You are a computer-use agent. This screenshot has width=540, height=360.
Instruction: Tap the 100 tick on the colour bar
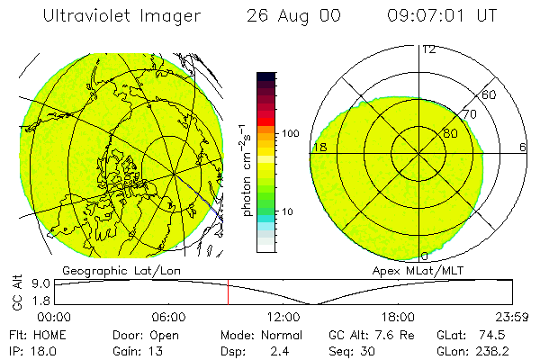tap(291, 132)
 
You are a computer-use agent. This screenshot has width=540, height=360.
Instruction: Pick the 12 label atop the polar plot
tap(428, 49)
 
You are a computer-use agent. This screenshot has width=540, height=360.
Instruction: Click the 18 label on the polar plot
tap(319, 147)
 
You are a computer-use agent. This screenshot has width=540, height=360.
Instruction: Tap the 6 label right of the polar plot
tap(523, 147)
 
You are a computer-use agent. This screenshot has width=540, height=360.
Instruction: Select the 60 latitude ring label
tap(489, 94)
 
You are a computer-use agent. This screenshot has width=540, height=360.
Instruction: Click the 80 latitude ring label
tap(450, 133)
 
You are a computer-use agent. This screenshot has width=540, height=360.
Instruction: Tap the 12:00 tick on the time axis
tap(283, 317)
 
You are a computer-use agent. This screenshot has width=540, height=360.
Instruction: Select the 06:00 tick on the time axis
tap(169, 317)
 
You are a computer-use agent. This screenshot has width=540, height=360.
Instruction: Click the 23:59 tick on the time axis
tap(512, 317)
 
